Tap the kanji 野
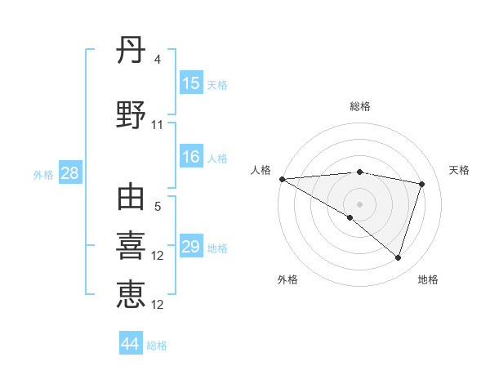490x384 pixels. point(131,116)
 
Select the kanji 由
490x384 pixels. point(131,199)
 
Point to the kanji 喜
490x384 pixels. point(131,246)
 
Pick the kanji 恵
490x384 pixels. point(131,293)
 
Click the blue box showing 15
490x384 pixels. point(191,83)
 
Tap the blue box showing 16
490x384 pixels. point(191,158)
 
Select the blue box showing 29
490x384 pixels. point(191,248)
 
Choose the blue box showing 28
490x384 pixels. point(69,173)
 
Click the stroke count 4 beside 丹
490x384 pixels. point(157,60)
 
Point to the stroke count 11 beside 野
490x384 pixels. point(158,125)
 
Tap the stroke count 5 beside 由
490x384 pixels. point(157,208)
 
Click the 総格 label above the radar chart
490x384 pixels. point(359,106)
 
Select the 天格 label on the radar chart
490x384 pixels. point(459,170)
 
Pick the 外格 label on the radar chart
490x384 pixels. point(287,279)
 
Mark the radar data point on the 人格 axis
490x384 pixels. point(282,179)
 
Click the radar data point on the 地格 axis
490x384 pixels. point(398,258)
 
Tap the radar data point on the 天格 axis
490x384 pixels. point(422,184)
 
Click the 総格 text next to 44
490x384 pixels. point(157,346)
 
